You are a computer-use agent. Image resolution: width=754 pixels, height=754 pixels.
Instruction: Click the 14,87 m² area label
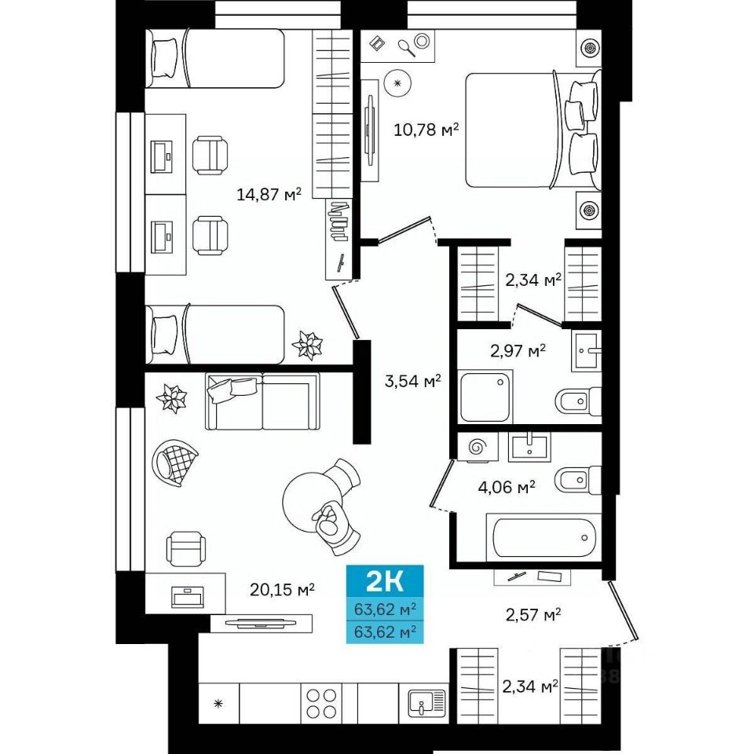(x=269, y=194)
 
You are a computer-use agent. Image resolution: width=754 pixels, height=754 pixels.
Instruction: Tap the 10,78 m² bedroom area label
(x=426, y=130)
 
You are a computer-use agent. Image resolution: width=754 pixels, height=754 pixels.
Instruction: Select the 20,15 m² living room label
(x=282, y=589)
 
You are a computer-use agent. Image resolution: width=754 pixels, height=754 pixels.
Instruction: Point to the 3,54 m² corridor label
(x=413, y=382)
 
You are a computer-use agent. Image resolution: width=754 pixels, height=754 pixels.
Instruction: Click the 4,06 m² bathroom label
(x=507, y=488)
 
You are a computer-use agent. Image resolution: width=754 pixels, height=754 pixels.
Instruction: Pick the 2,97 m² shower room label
(x=518, y=350)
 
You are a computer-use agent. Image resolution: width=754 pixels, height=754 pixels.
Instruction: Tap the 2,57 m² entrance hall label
(x=533, y=614)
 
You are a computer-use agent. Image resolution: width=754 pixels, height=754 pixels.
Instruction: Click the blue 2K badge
(x=385, y=581)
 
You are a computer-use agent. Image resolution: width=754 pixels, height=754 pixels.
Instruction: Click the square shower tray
(x=485, y=397)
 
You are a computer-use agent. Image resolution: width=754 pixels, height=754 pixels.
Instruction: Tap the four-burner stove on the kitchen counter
(x=321, y=703)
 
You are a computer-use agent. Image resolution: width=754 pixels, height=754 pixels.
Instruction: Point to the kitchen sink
(x=426, y=703)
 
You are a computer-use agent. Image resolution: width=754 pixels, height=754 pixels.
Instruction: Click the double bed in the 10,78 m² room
(x=533, y=130)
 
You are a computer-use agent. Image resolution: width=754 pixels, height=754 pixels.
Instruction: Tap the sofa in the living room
(x=262, y=401)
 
